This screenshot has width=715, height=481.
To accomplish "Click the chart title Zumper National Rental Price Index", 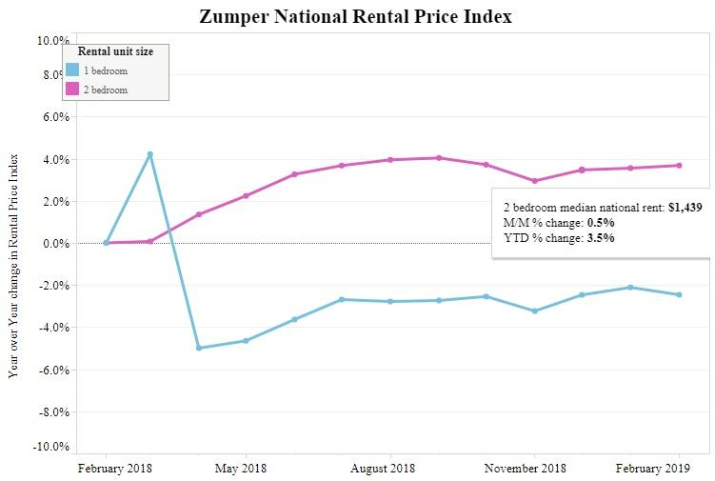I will pyautogui.click(x=356, y=16).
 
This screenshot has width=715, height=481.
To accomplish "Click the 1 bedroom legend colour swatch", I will pyautogui.click(x=72, y=70).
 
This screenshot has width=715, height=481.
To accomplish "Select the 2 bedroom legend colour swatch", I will pyautogui.click(x=72, y=90).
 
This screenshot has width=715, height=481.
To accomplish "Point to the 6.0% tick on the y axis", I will pyautogui.click(x=53, y=117).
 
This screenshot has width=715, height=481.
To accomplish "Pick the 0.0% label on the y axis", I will pyautogui.click(x=53, y=244).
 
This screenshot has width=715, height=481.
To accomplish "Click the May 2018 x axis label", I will pyautogui.click(x=242, y=468).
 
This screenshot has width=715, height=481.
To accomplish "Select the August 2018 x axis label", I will pyautogui.click(x=383, y=468).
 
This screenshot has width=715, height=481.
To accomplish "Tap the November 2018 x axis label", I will pyautogui.click(x=526, y=468).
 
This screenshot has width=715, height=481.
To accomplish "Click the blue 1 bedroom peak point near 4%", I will pyautogui.click(x=150, y=154).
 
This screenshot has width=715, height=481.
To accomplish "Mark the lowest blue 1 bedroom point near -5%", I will pyautogui.click(x=199, y=348).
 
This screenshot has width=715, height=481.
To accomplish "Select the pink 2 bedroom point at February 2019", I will pyautogui.click(x=679, y=166).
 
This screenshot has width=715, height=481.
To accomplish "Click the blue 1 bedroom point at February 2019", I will pyautogui.click(x=679, y=294).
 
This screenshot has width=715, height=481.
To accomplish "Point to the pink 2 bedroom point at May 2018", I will pyautogui.click(x=247, y=195).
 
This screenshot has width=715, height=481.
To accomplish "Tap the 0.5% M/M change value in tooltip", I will pyautogui.click(x=600, y=222).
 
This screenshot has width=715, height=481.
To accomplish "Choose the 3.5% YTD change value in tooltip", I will pyautogui.click(x=600, y=237).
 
